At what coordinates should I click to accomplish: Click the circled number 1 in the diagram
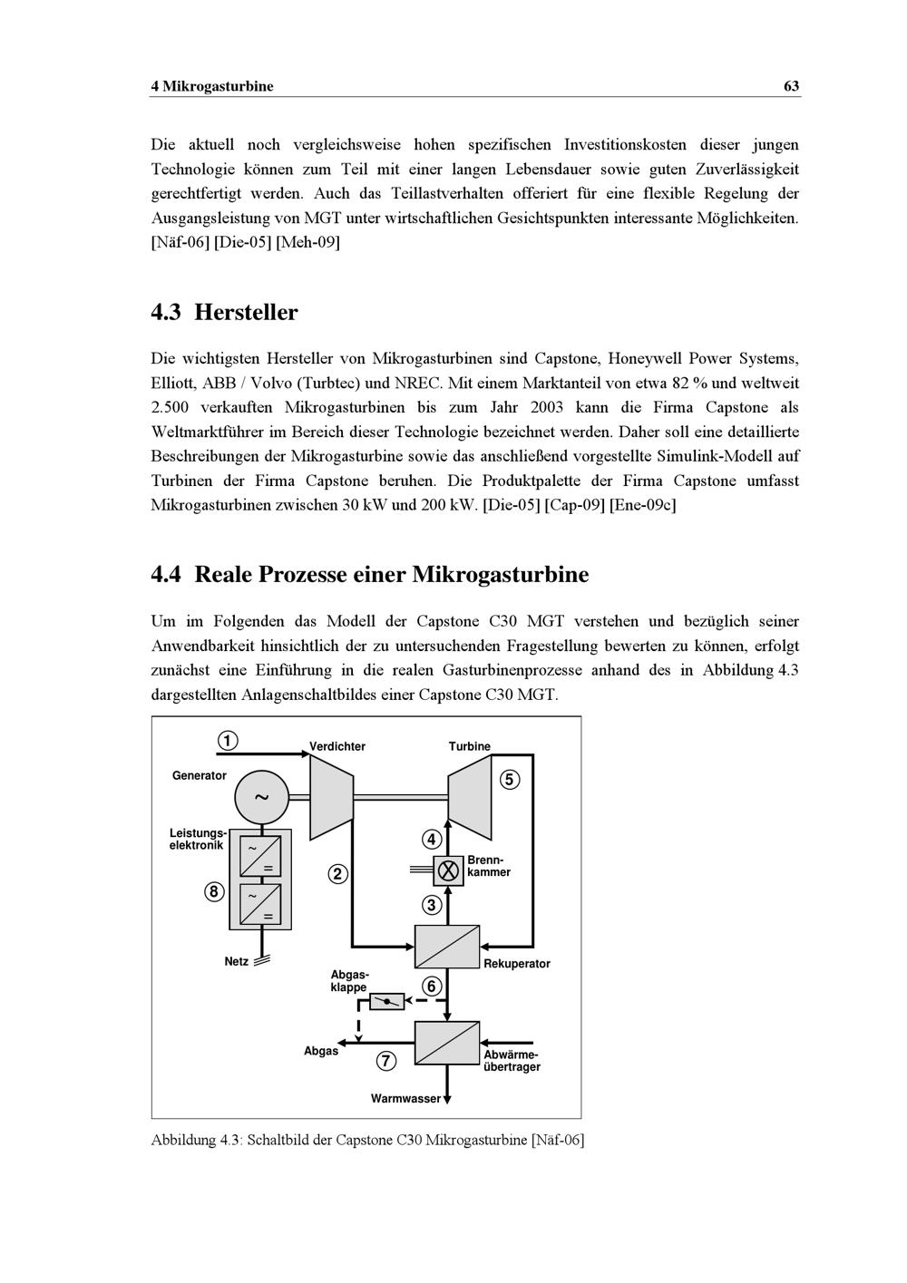pos(228,741)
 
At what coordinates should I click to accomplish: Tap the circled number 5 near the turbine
pos(509,780)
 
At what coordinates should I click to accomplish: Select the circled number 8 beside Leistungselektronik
pos(213,892)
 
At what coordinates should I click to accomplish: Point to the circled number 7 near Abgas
pos(386,1061)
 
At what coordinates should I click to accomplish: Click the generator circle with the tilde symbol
pos(261,798)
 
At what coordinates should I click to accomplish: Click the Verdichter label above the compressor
pos(337,746)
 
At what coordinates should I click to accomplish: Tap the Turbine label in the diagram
pos(469,746)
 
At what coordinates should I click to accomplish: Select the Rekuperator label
pos(516,964)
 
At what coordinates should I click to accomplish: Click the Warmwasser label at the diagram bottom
pos(405,1099)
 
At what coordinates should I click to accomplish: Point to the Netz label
pos(236,961)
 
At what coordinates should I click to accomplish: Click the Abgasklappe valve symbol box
pos(387,1002)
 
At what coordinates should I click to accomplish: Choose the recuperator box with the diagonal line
pos(447,946)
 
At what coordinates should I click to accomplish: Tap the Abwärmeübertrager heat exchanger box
pos(447,1043)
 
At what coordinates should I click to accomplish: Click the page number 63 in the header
pos(791,86)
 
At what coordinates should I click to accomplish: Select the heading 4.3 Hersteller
pos(224,313)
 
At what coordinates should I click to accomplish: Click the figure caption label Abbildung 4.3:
pos(197,1140)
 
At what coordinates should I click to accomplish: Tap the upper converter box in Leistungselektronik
pos(260,856)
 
